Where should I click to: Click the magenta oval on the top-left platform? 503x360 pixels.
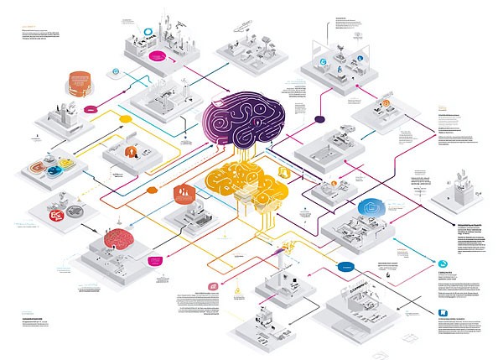[x=158, y=57]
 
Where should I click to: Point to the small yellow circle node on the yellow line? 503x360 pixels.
[x=126, y=119]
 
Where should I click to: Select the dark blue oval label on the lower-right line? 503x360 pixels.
[x=344, y=266]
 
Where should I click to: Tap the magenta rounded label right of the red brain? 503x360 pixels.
[x=154, y=261]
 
